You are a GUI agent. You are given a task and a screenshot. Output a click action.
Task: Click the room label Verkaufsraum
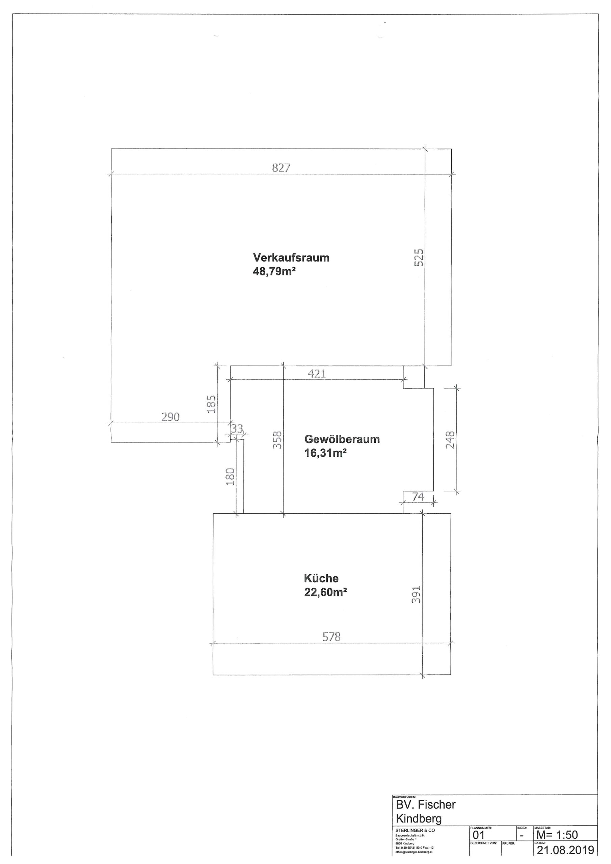(x=291, y=258)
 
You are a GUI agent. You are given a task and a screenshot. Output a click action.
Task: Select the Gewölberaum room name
(x=342, y=439)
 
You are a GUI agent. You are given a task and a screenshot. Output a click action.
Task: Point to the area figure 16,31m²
(x=325, y=453)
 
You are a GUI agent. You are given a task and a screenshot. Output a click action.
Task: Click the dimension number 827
(x=281, y=168)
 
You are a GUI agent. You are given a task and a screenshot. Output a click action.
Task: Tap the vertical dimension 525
(x=419, y=257)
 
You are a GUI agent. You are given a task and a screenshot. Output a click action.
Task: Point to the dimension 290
(x=170, y=416)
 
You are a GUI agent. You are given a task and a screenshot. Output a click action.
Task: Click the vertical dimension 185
(x=212, y=404)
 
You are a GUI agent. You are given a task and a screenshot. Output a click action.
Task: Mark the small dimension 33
(x=237, y=428)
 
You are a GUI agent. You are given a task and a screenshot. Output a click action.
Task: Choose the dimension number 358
(x=277, y=439)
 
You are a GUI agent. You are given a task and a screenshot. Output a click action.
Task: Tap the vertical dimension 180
(x=230, y=477)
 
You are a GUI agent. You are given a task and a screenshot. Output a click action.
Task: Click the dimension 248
(x=450, y=439)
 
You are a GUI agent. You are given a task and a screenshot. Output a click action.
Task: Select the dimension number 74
(x=418, y=496)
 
